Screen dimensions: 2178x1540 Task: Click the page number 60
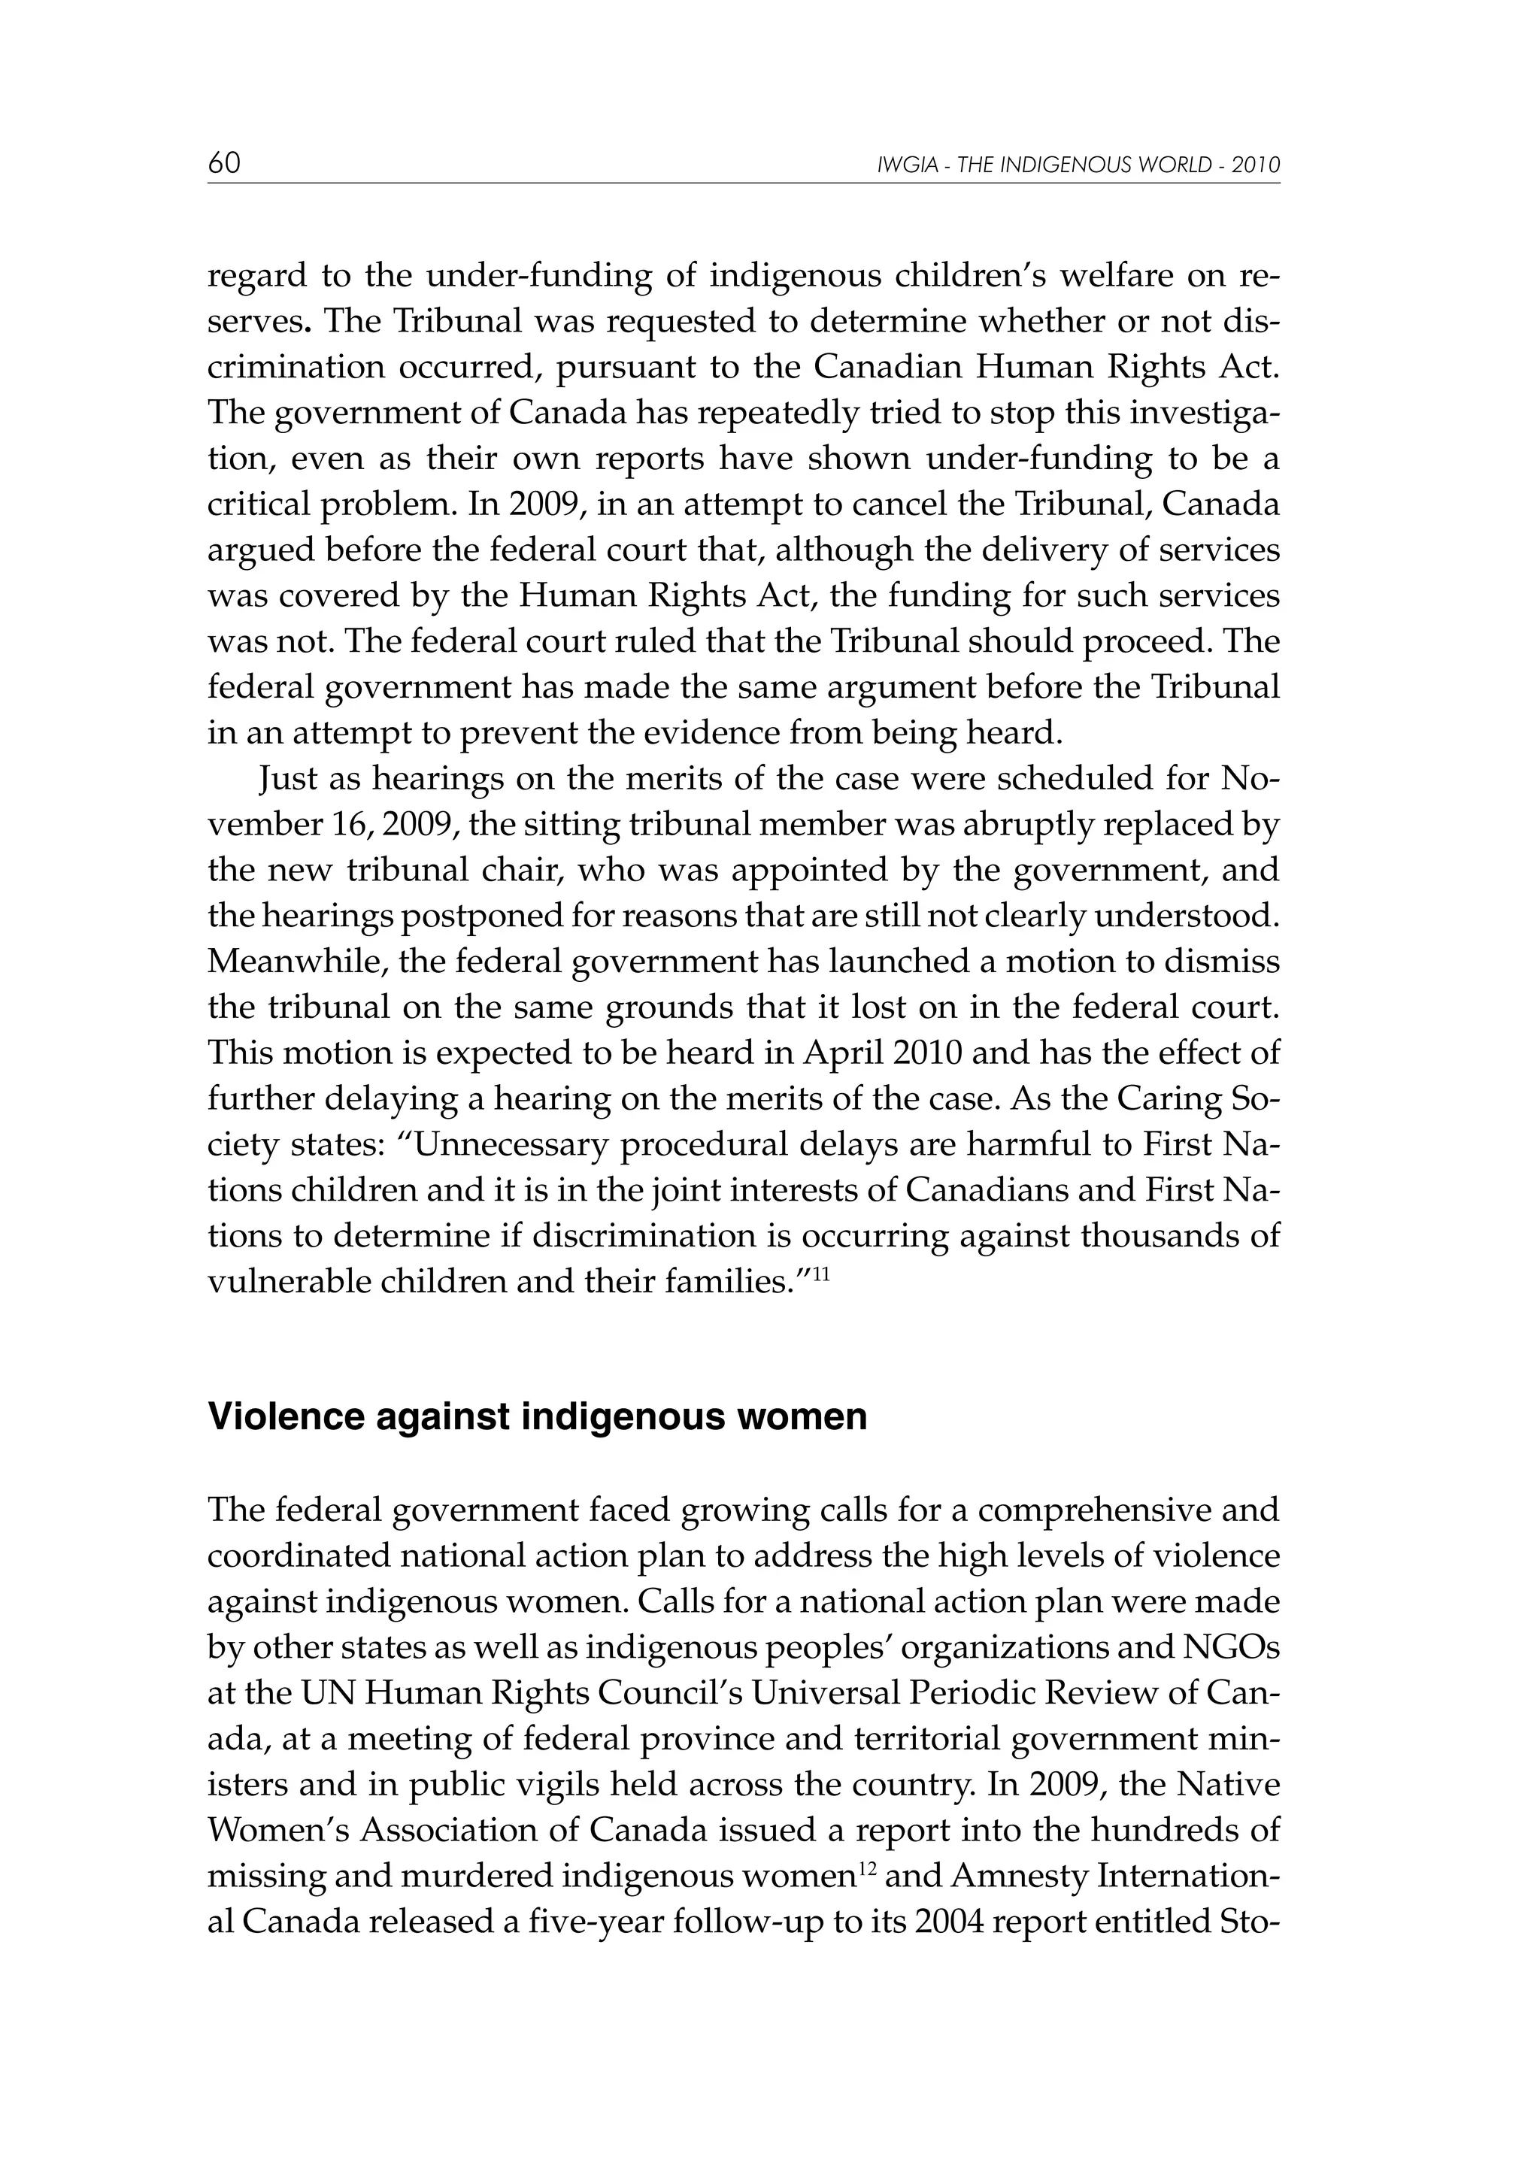224,164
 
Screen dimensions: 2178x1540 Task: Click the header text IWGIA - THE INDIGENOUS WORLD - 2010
1078,166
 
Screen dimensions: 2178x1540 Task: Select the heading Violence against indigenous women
537,1416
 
